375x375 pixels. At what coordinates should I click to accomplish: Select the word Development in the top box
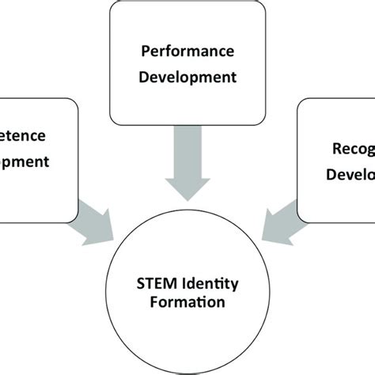pos(187,78)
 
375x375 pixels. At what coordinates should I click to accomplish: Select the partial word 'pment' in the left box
pos(25,162)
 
